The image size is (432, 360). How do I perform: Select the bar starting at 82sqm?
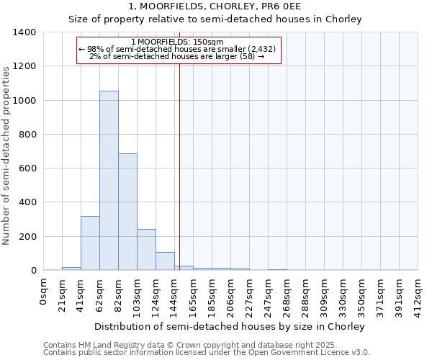127,212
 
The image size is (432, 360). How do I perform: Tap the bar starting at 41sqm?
90,243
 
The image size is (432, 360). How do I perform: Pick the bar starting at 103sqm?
146,249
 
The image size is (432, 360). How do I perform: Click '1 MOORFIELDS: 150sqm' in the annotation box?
178,42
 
